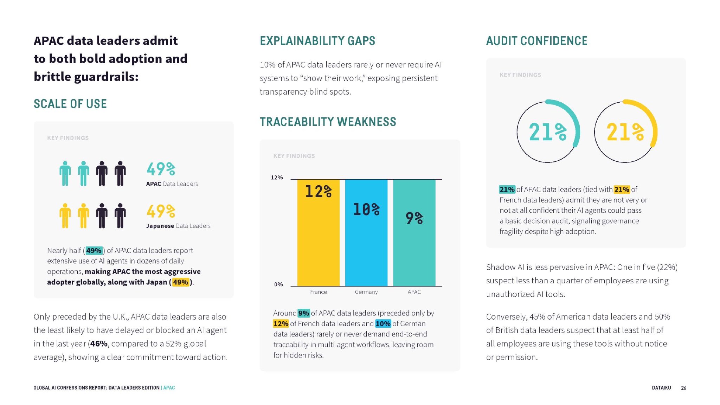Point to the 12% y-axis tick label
pos(277,178)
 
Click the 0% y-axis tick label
pos(278,284)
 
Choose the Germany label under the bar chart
pos(366,292)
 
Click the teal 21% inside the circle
pos(547,132)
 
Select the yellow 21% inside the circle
pos(625,132)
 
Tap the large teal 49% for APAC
pos(161,169)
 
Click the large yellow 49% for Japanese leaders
pos(161,211)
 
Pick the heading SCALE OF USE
pos(70,104)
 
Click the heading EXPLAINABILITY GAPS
pos(317,41)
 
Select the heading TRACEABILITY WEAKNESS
pos(328,122)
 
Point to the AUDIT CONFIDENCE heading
pos(536,41)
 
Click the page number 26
pos(683,388)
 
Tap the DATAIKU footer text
pos(661,388)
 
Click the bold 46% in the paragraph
pos(99,344)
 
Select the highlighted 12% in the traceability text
pos(281,324)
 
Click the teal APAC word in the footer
pos(169,388)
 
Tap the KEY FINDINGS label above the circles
pos(520,75)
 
